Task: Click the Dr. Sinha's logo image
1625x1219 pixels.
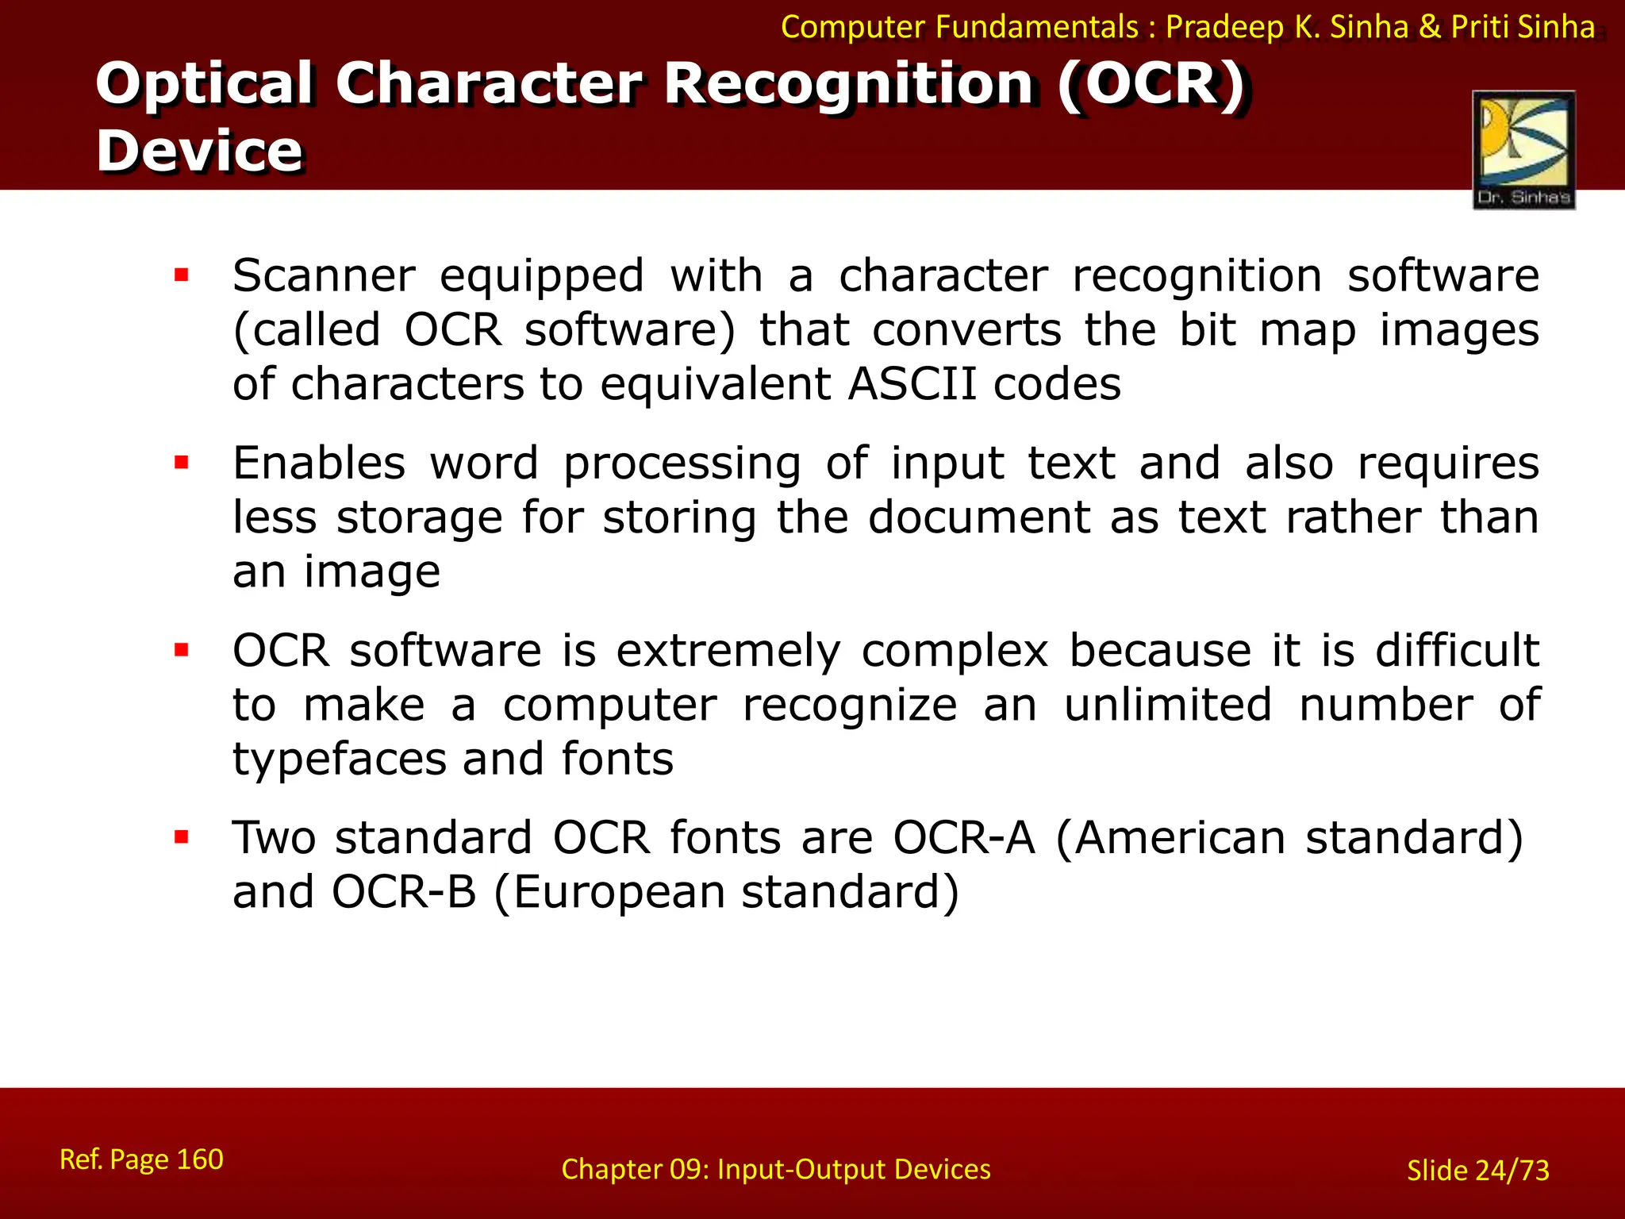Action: (x=1523, y=149)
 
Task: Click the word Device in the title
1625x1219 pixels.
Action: (x=199, y=150)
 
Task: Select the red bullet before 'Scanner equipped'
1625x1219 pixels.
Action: (x=182, y=275)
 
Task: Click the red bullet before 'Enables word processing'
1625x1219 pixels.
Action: (x=182, y=462)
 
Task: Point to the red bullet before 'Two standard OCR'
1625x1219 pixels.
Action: (x=182, y=836)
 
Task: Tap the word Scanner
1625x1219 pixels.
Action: (x=324, y=276)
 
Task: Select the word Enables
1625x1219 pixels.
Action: (x=319, y=463)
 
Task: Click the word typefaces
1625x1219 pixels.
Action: (x=340, y=759)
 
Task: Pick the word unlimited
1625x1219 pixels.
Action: (x=1168, y=705)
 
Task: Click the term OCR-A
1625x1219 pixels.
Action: (x=964, y=837)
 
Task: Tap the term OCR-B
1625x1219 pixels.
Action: (x=404, y=892)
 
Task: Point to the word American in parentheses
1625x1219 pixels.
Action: (x=1180, y=837)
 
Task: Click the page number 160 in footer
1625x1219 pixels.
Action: (x=199, y=1159)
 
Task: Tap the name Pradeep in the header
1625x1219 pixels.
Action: (x=1224, y=28)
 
